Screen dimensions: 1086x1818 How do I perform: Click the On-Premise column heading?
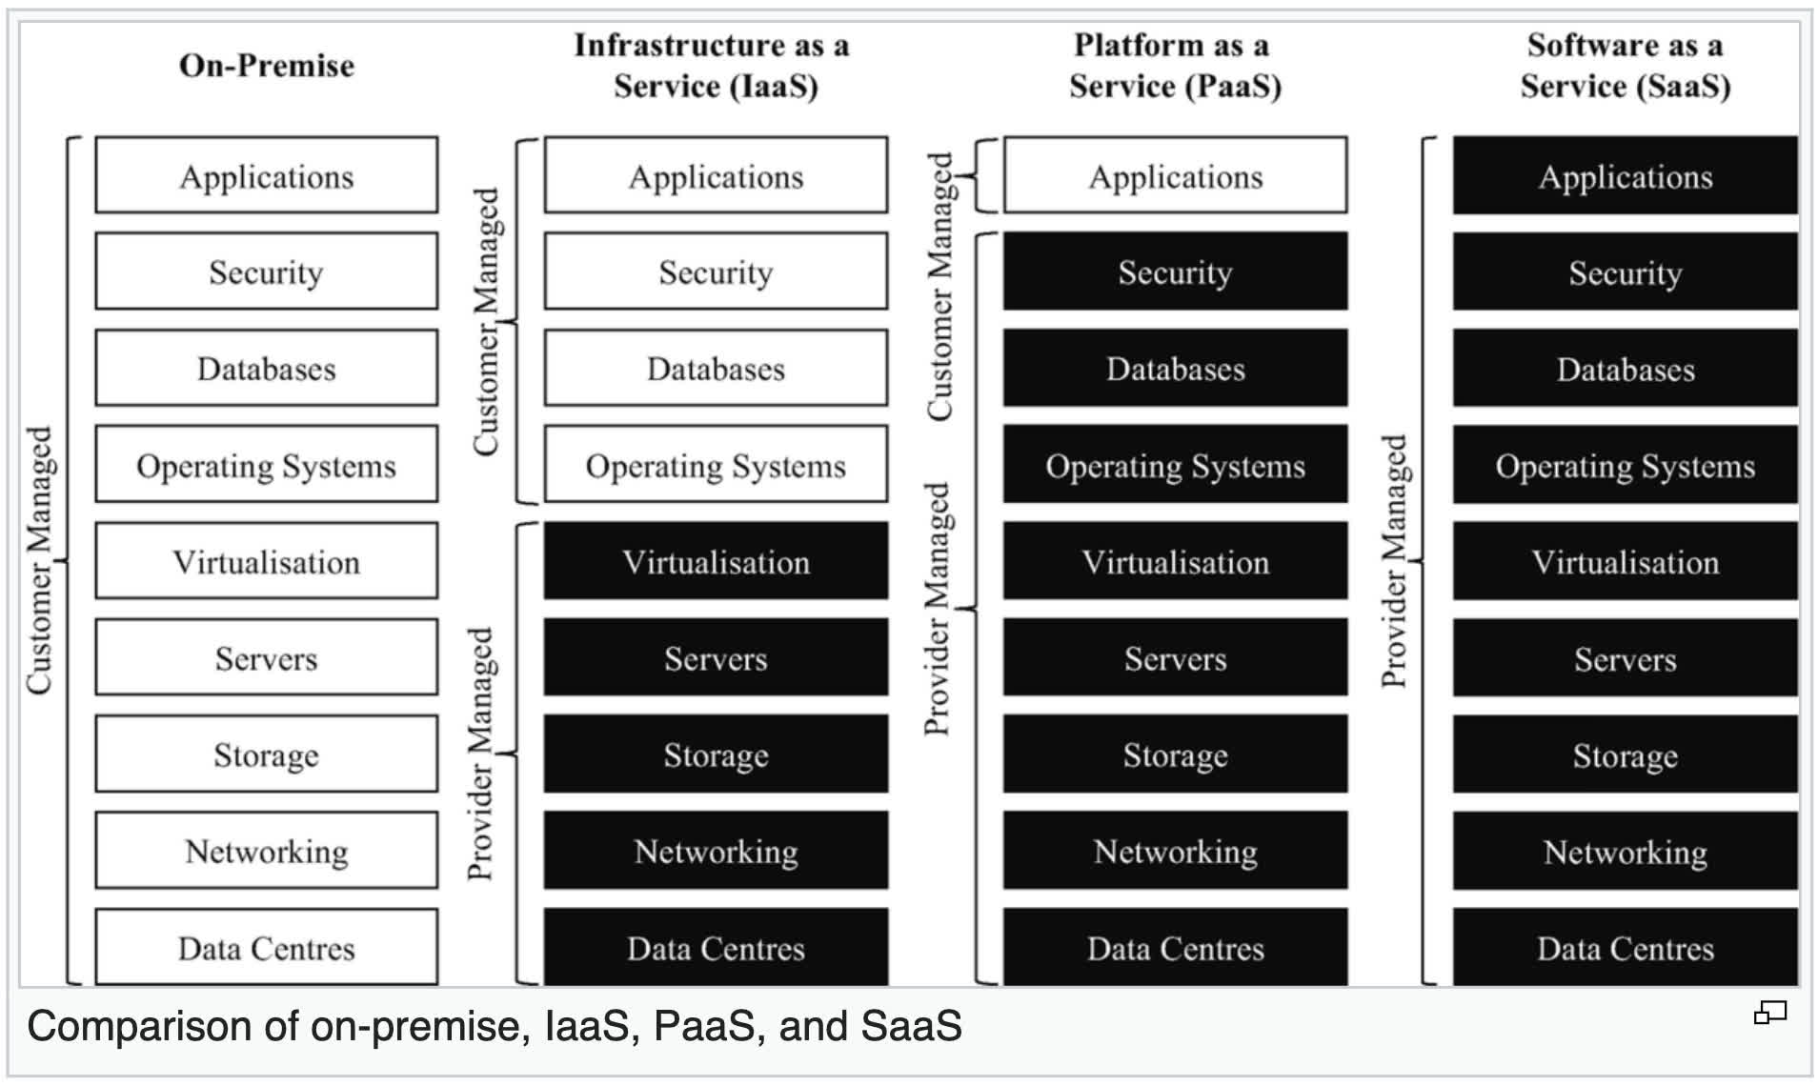[x=267, y=65]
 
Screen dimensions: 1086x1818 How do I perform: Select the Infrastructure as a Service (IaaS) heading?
[x=713, y=66]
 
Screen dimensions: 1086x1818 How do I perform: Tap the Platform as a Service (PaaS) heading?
[x=1174, y=66]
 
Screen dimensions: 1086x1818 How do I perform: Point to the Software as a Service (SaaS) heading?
[x=1625, y=66]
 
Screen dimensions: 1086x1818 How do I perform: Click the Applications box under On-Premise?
[x=267, y=176]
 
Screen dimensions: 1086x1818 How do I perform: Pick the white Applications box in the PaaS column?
[x=1175, y=176]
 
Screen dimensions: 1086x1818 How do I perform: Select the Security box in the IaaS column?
[x=716, y=272]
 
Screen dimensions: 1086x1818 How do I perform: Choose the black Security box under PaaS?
[x=1175, y=272]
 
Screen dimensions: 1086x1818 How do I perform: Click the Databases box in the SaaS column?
[x=1625, y=370]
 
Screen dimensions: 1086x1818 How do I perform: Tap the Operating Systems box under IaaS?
[x=716, y=466]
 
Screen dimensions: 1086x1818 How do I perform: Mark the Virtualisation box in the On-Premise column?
[x=267, y=562]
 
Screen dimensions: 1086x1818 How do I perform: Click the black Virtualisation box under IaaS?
[x=716, y=562]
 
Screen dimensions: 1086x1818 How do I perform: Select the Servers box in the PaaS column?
[x=1175, y=658]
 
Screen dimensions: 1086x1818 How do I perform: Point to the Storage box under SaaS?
[x=1625, y=755]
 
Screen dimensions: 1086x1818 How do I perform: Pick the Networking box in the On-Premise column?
[x=267, y=852]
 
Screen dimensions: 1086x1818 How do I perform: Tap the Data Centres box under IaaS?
[x=716, y=948]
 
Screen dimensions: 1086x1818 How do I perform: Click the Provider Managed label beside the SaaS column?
[x=1394, y=561]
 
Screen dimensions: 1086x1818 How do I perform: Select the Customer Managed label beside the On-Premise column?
[x=39, y=561]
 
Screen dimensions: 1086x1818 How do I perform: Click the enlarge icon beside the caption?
[x=1769, y=1013]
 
